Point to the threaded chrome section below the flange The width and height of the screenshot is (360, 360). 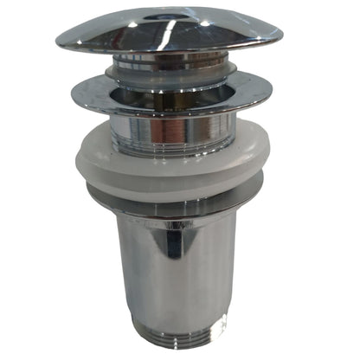tap(173, 130)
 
